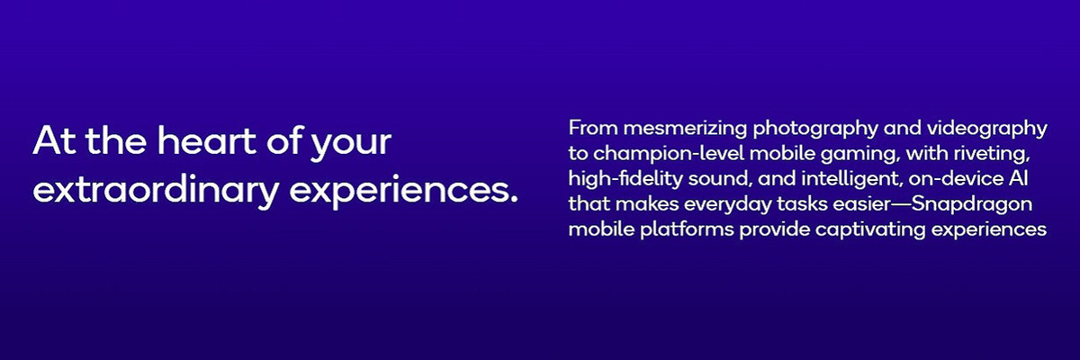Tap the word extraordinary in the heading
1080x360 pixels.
[x=156, y=192]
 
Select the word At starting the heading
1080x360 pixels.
[x=54, y=140]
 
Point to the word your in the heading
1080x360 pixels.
[x=350, y=146]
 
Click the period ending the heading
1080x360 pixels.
[x=513, y=199]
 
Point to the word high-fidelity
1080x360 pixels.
[x=625, y=180]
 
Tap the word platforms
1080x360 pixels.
[x=687, y=230]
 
